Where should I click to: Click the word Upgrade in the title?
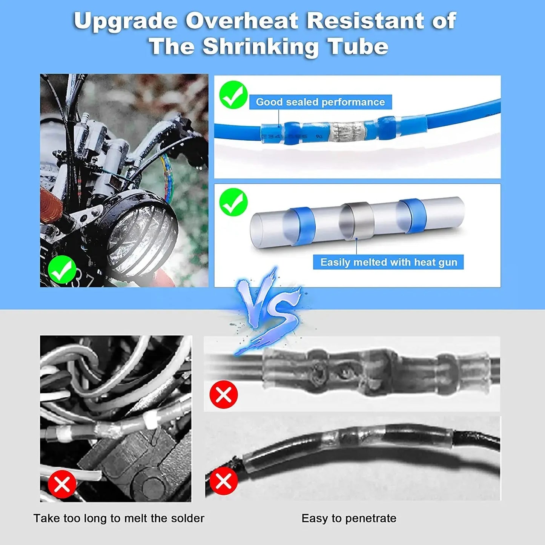[x=125, y=21]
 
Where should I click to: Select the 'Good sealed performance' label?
[x=320, y=102]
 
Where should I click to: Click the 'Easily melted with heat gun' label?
[x=388, y=262]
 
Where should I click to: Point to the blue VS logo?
[x=269, y=309]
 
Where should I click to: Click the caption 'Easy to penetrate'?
[x=349, y=518]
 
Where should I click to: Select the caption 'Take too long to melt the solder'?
[x=119, y=518]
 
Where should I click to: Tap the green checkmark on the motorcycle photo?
[x=62, y=269]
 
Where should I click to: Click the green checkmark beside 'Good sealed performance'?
[x=233, y=95]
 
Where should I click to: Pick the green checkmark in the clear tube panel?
[x=233, y=202]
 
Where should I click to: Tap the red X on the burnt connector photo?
[x=224, y=395]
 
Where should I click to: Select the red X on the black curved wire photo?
[x=224, y=481]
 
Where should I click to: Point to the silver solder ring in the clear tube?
[x=357, y=221]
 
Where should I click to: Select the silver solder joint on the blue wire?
[x=347, y=132]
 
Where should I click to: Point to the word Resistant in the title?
[x=366, y=21]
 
